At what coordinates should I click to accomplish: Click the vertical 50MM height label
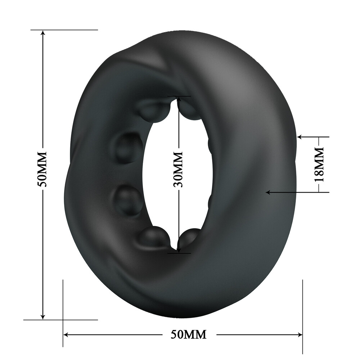click(43, 170)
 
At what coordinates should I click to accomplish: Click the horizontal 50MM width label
click(188, 335)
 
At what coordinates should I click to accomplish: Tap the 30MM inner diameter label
click(178, 169)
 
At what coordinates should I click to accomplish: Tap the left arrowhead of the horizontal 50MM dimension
click(66, 335)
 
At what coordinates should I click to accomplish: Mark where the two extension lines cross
click(63, 319)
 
